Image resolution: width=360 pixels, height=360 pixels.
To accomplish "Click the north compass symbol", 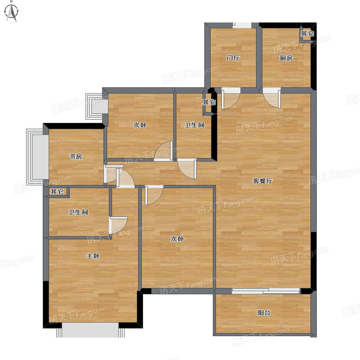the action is pyautogui.click(x=12, y=12).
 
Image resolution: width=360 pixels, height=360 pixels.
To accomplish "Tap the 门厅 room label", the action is pyautogui.click(x=233, y=58).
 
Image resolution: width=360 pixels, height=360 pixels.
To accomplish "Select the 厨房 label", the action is pyautogui.click(x=286, y=58).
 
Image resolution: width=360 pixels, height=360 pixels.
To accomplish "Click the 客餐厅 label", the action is pyautogui.click(x=263, y=181).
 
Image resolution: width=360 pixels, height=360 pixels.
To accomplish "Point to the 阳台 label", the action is pyautogui.click(x=264, y=313).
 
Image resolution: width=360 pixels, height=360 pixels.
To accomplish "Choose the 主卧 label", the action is pyautogui.click(x=93, y=256).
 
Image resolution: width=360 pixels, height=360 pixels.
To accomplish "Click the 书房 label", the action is pyautogui.click(x=76, y=156).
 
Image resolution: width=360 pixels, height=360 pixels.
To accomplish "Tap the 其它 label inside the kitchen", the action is pyautogui.click(x=307, y=33).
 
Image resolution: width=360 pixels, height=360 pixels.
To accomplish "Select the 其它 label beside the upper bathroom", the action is pyautogui.click(x=209, y=102).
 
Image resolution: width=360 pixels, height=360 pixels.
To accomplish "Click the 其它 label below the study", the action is pyautogui.click(x=57, y=192).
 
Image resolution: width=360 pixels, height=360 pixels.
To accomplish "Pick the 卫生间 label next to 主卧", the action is pyautogui.click(x=78, y=212).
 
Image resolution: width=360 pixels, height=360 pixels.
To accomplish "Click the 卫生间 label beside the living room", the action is pyautogui.click(x=194, y=125).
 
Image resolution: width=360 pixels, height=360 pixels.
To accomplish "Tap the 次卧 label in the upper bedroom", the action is pyautogui.click(x=140, y=125).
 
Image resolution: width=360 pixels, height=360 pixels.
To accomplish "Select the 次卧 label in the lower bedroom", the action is pyautogui.click(x=177, y=239).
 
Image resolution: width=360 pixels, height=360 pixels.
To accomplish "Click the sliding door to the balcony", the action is pyautogui.click(x=266, y=291).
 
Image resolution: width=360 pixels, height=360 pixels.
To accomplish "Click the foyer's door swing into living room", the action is pyautogui.click(x=231, y=99).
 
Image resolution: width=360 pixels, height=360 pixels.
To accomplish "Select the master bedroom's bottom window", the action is pyautogui.click(x=90, y=330).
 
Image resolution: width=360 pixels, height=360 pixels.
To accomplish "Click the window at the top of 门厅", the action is pyautogui.click(x=242, y=25).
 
